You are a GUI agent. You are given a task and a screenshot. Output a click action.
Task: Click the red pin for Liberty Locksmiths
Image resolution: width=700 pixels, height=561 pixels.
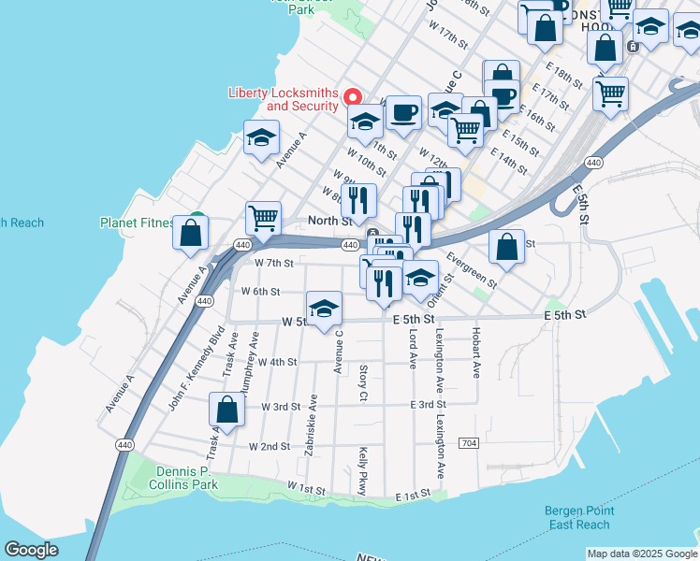(353, 96)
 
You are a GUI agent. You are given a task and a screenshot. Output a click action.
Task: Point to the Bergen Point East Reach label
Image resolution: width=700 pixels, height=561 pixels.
(577, 518)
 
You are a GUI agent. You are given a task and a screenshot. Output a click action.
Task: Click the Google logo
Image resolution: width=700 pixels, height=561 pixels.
(32, 550)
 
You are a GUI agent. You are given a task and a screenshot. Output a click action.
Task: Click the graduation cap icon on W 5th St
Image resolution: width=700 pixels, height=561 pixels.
(324, 309)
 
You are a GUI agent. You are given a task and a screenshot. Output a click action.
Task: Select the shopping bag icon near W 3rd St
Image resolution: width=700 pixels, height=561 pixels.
(227, 410)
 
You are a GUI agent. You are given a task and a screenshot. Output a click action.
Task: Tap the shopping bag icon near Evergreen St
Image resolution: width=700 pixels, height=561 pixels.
(506, 248)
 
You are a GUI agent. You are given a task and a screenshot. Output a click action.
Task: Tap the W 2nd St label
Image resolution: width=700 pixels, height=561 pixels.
(270, 447)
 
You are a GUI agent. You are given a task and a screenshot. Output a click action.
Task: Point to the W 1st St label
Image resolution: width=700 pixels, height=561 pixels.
(306, 489)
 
